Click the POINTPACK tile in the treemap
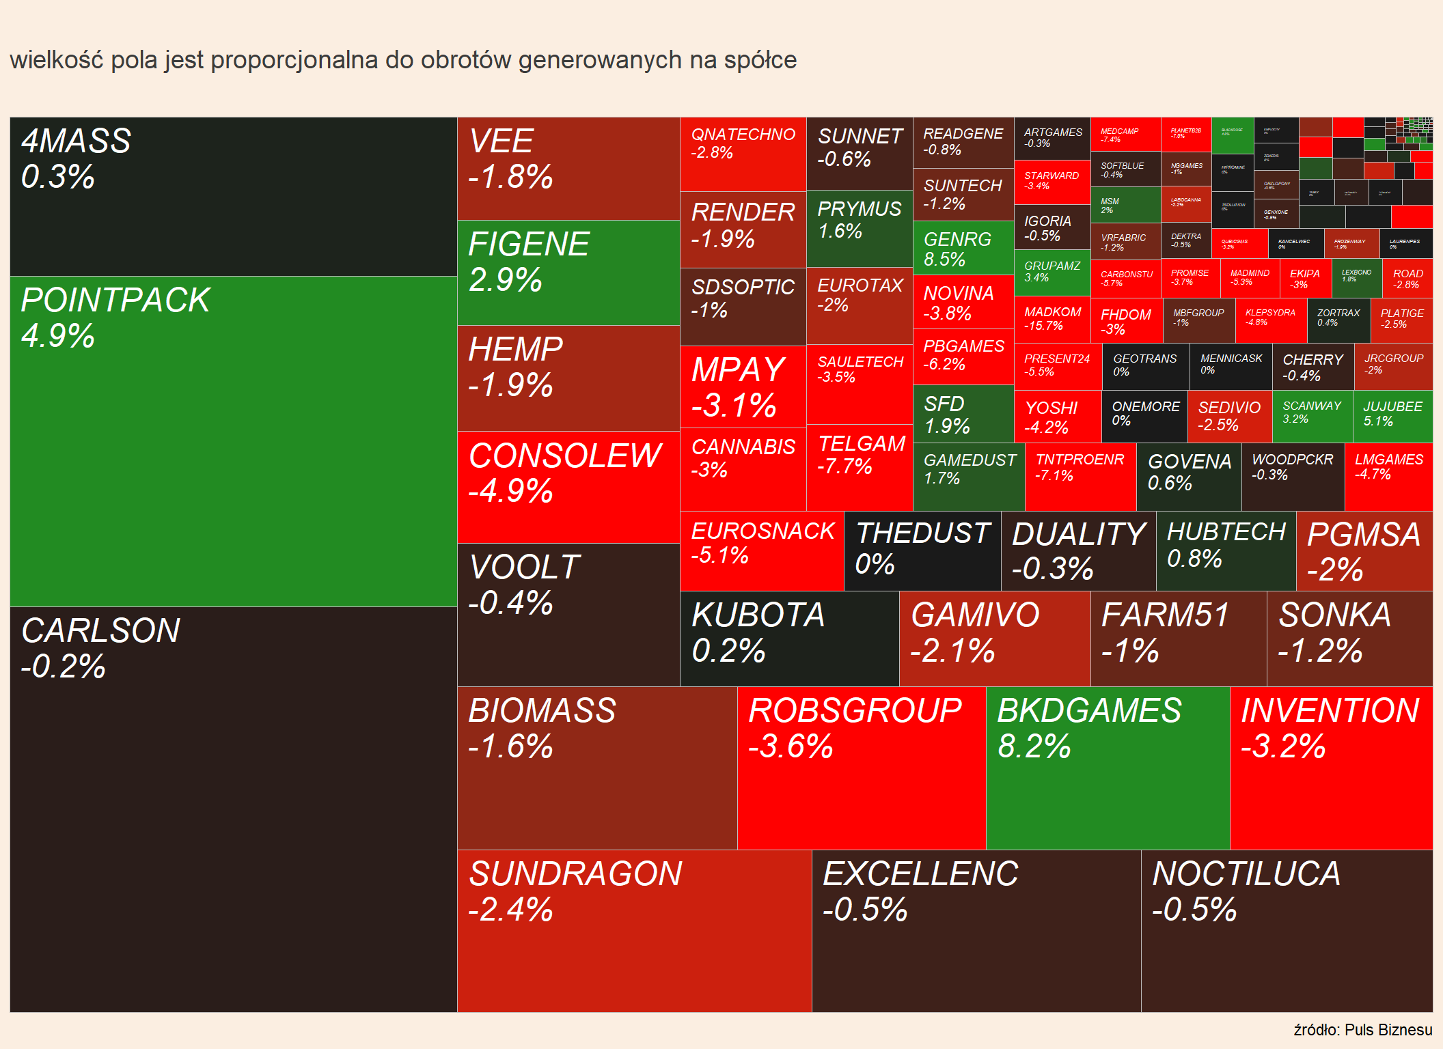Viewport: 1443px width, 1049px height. coord(233,441)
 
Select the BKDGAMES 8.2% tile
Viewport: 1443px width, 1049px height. coord(1108,768)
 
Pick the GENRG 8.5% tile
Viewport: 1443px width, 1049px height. coord(963,249)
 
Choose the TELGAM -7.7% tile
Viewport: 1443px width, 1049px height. coord(860,467)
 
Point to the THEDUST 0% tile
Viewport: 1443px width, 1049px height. coord(922,550)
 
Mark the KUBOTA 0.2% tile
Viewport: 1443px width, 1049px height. coord(789,639)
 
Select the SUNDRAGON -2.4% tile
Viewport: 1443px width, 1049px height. coord(634,930)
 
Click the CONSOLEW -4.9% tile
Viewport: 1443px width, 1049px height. coord(568,486)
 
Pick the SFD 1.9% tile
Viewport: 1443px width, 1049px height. coord(963,415)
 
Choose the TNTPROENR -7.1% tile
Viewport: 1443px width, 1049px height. coord(1080,476)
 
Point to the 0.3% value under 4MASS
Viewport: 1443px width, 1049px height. coord(58,177)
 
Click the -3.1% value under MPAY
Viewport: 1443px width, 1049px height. coord(734,405)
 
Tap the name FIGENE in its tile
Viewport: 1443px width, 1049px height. coord(529,244)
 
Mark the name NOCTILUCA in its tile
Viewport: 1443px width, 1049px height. coord(1246,873)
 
